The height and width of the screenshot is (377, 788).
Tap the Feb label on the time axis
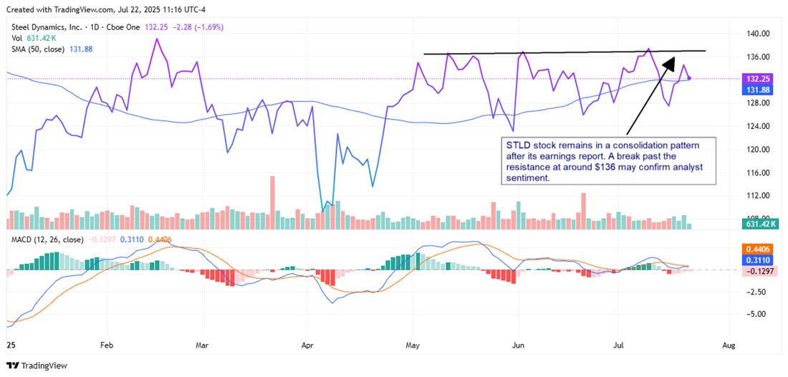pos(107,345)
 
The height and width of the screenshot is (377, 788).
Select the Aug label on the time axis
pos(729,345)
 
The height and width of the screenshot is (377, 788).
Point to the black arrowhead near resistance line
pos(670,62)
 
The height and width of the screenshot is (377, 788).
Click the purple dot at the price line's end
pos(689,78)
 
